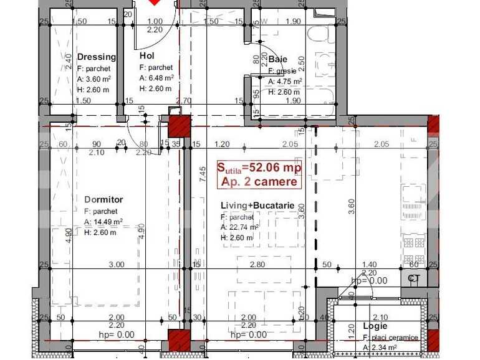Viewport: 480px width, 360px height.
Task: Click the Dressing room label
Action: pos(97,57)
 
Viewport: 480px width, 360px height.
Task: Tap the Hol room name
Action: pos(146,55)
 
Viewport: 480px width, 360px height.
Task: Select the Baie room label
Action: pos(278,60)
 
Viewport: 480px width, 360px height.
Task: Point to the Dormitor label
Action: pos(103,200)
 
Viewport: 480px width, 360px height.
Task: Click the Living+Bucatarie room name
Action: pos(262,206)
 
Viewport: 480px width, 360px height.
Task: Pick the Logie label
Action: pos(375,326)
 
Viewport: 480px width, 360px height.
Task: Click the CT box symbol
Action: pos(414,278)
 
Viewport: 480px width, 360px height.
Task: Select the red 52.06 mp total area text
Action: pos(259,168)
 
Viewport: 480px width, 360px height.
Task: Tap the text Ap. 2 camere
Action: pos(259,181)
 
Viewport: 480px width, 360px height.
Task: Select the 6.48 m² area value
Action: pos(156,78)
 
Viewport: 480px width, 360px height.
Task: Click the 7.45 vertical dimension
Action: pos(202,174)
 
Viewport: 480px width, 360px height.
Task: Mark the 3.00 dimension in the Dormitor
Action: pos(116,265)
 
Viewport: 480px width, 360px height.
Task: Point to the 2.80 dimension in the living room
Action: pos(257,265)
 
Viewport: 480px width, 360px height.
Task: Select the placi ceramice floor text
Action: pos(388,337)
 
